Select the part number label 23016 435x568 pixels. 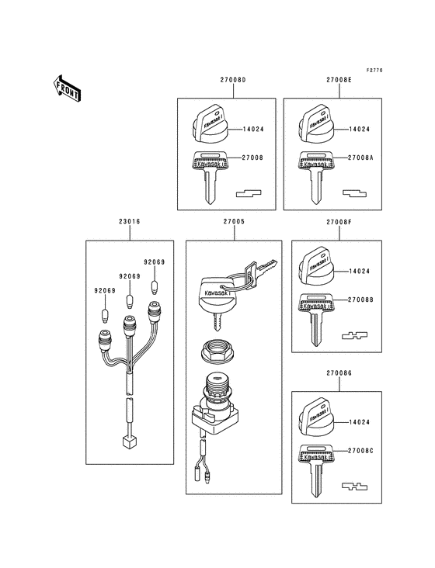130,222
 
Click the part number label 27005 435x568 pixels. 234,222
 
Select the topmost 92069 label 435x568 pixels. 153,262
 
